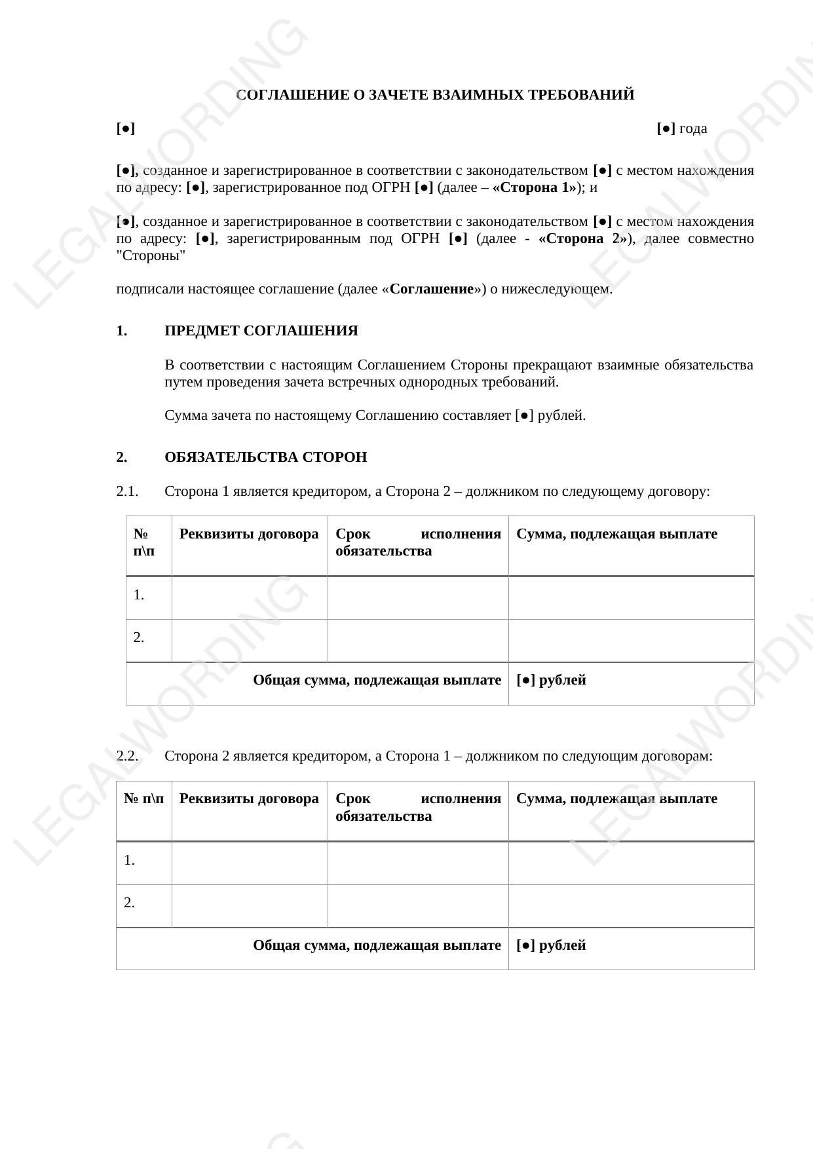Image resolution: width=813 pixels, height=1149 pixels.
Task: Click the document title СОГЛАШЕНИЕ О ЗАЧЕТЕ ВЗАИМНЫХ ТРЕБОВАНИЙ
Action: [435, 95]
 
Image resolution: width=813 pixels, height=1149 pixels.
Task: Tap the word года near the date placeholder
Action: [693, 128]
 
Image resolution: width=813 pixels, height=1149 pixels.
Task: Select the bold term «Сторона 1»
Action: [535, 188]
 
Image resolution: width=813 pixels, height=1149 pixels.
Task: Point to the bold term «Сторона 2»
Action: [582, 238]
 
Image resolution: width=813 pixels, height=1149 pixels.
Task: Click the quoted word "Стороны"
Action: [151, 255]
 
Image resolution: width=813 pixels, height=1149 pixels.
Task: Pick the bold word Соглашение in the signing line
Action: [431, 290]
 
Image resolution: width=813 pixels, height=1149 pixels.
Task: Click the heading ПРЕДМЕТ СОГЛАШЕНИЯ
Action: [261, 331]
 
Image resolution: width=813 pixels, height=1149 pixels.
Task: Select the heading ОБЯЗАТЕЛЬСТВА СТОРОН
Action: [265, 457]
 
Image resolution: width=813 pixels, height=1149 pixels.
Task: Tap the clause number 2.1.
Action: [127, 491]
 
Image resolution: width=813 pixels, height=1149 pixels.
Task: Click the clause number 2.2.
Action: [127, 756]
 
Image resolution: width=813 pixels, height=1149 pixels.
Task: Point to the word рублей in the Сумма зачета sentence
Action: [561, 415]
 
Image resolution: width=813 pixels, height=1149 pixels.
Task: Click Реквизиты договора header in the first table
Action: [249, 534]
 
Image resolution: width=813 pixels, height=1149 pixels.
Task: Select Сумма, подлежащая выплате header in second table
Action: [616, 799]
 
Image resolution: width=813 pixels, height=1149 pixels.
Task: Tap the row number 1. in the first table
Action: [139, 595]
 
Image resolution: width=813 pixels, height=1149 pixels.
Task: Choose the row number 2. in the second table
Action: [130, 903]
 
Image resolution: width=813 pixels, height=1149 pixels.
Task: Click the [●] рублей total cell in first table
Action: [551, 680]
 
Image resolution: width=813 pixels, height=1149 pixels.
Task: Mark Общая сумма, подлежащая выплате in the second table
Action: [377, 945]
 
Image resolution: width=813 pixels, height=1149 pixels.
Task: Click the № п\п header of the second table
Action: [144, 799]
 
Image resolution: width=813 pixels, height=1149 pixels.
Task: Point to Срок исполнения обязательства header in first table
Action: [418, 542]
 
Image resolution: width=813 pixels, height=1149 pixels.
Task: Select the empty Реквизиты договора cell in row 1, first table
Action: [250, 597]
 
